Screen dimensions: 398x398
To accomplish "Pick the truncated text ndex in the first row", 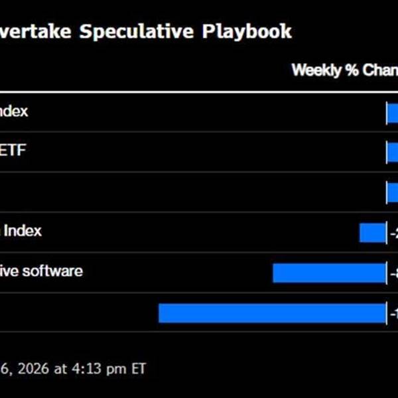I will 14,111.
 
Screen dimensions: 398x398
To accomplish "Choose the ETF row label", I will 15,151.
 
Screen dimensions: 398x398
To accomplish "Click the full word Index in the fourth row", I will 23,231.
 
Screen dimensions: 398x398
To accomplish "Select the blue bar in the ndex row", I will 392,113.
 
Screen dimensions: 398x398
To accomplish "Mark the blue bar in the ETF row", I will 392,153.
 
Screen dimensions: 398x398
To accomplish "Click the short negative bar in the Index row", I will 372,232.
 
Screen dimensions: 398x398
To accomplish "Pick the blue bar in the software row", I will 329,273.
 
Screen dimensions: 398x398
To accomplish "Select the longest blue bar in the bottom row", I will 272,312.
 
